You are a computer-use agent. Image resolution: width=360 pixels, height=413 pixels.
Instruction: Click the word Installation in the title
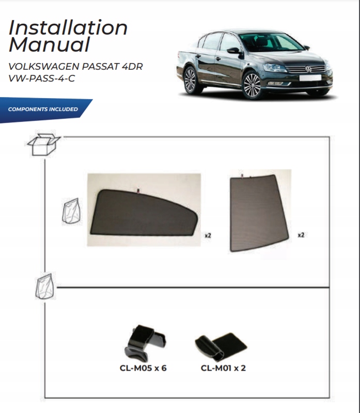coord(68,27)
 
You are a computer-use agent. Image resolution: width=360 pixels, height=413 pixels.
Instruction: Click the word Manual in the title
coord(49,45)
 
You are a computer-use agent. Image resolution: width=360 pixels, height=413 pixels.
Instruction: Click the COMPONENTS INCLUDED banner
coord(43,109)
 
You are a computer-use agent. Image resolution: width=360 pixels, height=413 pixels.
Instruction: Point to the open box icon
coord(43,144)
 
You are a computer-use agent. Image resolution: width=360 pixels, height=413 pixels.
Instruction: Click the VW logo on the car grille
coord(309,69)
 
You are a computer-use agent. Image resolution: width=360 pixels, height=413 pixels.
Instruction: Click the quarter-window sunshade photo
coord(259,212)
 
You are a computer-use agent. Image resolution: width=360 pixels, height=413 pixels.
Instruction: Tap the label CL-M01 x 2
coord(223,369)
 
